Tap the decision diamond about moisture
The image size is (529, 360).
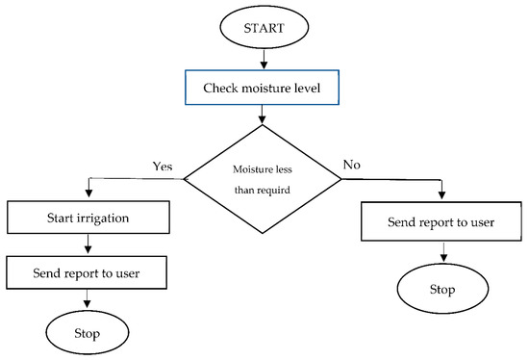point(262,178)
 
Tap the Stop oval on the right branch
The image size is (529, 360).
point(441,288)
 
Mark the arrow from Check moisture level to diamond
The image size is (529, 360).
point(262,116)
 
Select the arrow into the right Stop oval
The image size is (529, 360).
point(441,253)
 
